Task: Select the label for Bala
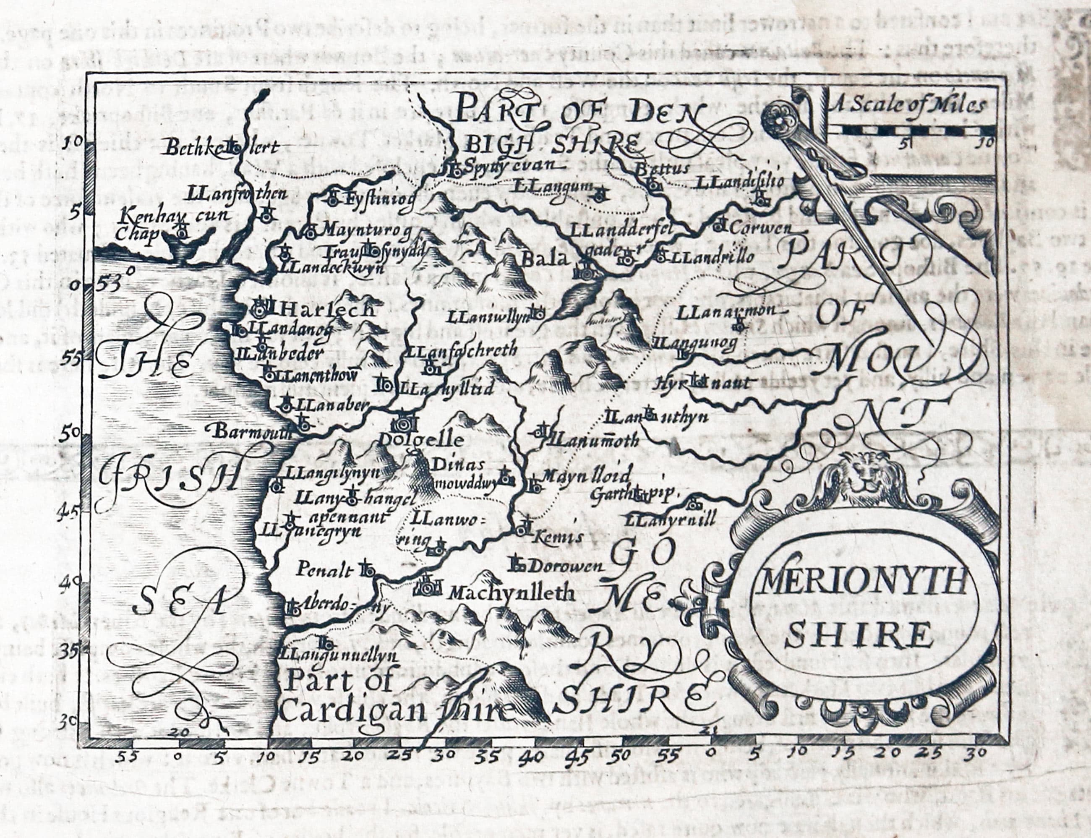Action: pyautogui.click(x=545, y=260)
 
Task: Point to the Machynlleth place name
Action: pyautogui.click(x=512, y=593)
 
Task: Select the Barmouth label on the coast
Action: pyautogui.click(x=252, y=432)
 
